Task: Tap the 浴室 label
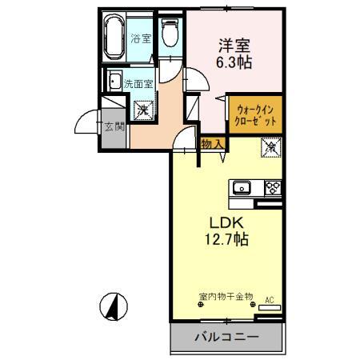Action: tap(142, 37)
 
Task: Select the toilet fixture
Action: tap(168, 33)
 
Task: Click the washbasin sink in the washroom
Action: tap(114, 81)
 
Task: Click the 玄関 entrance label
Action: tap(113, 126)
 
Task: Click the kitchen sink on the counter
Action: tap(242, 189)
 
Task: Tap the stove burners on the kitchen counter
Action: tap(271, 189)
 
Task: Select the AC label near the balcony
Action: tap(269, 299)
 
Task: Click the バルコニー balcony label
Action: tap(226, 338)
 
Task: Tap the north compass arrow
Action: tap(114, 306)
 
